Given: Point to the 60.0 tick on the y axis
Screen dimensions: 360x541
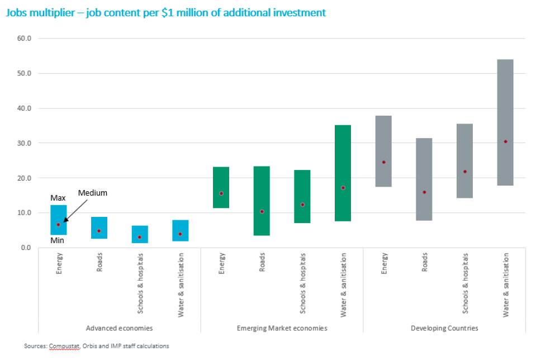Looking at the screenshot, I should (25, 39).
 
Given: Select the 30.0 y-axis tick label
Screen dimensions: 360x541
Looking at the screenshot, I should (25, 143).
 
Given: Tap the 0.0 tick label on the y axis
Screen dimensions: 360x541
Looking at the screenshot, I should (26, 248).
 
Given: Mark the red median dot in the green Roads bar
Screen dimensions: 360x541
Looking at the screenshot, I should (262, 211).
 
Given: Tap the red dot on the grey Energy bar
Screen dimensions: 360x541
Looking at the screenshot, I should (383, 162).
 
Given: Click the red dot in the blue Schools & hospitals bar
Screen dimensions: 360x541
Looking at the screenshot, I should (140, 237).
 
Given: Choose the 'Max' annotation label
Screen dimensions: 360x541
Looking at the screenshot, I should (58, 198).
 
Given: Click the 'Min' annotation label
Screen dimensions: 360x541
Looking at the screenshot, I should (58, 240).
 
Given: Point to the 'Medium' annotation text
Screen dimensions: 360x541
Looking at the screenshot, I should (92, 193).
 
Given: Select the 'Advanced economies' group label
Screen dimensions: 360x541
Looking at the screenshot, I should (119, 328).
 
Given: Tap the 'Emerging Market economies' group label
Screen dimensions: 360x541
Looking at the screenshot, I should (282, 328).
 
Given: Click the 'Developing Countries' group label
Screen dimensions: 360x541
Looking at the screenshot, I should (444, 328).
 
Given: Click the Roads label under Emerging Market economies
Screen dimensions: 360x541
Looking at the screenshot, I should (262, 262).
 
